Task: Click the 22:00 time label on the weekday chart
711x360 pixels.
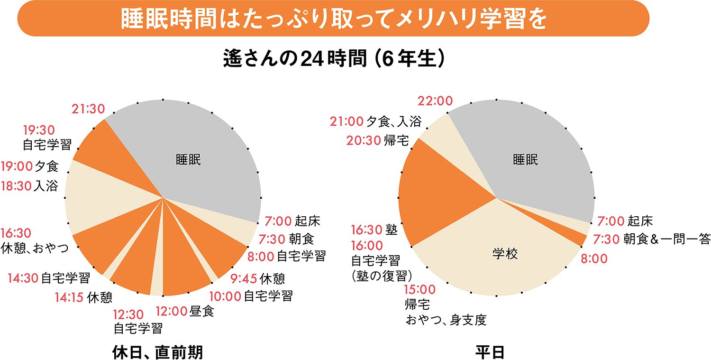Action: pyautogui.click(x=435, y=101)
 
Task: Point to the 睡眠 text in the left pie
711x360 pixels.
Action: pyautogui.click(x=188, y=160)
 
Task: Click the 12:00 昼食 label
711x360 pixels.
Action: pyautogui.click(x=185, y=312)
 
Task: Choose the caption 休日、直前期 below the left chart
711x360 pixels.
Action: pyautogui.click(x=157, y=352)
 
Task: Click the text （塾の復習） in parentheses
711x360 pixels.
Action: pyautogui.click(x=383, y=276)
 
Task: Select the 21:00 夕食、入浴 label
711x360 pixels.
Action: pyautogui.click(x=375, y=121)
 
